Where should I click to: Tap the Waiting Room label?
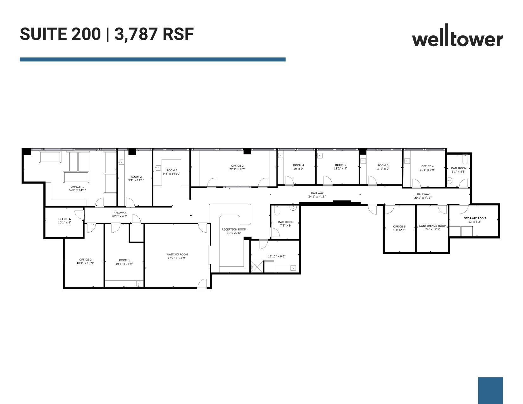click(x=177, y=254)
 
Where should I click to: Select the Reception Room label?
click(x=234, y=229)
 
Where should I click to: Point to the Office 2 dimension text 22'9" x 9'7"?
click(x=237, y=169)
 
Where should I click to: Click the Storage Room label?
click(x=475, y=218)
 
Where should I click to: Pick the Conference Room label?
click(x=432, y=226)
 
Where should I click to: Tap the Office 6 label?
click(x=65, y=219)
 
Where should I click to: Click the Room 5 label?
click(x=341, y=165)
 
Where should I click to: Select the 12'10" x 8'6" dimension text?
click(x=277, y=256)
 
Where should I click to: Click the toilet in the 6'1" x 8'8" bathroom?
click(x=465, y=156)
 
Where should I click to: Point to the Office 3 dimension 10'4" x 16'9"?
click(x=85, y=263)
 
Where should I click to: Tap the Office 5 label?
click(x=399, y=227)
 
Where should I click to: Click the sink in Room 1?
click(x=139, y=284)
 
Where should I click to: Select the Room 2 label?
click(x=136, y=177)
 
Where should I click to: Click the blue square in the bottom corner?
click(x=490, y=390)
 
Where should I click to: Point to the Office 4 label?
click(x=427, y=166)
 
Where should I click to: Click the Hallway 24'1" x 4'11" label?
click(x=317, y=193)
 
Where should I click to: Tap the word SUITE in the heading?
click(x=44, y=34)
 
